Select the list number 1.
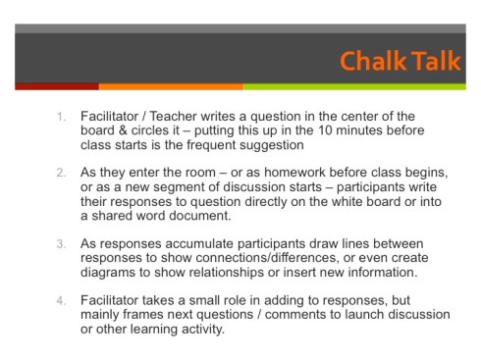[61, 117]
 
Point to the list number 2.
[61, 173]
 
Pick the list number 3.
[61, 244]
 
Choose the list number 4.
[61, 300]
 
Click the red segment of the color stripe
[57, 86]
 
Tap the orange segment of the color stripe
[171, 86]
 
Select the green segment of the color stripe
[354, 86]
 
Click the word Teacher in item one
[173, 117]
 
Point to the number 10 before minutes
[325, 130]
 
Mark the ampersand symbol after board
[123, 130]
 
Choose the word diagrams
[108, 273]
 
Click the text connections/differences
[266, 258]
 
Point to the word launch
[363, 315]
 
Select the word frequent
[211, 145]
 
